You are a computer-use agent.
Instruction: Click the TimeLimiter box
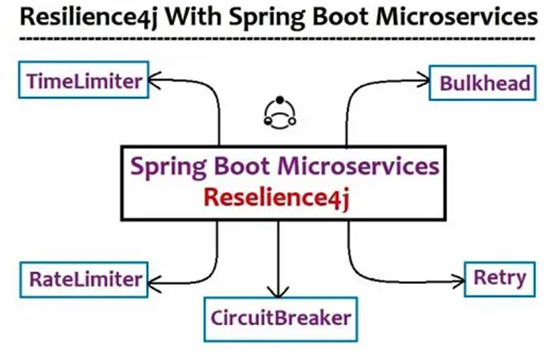(84, 82)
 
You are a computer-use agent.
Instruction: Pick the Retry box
(500, 277)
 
